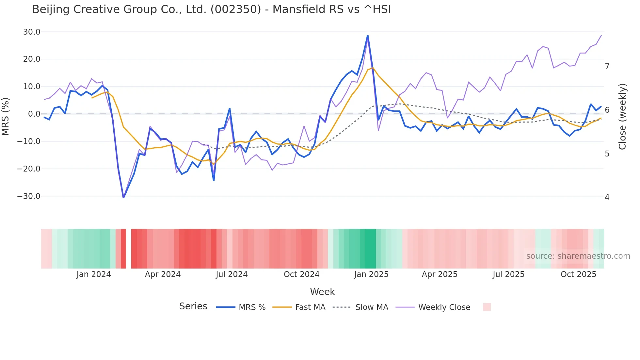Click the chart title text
click(x=211, y=9)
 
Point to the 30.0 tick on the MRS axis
click(x=32, y=32)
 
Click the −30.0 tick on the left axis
click(x=29, y=196)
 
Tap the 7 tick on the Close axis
click(x=607, y=67)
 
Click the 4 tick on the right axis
click(x=607, y=197)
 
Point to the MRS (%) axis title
click(x=6, y=116)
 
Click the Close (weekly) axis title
click(x=622, y=116)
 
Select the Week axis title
click(x=322, y=292)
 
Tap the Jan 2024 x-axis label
click(x=94, y=274)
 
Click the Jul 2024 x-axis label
click(x=232, y=274)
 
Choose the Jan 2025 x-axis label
click(x=371, y=274)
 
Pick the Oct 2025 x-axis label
click(x=578, y=274)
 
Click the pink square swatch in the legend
click(x=487, y=307)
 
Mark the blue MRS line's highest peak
click(x=368, y=35)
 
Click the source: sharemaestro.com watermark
click(x=578, y=256)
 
